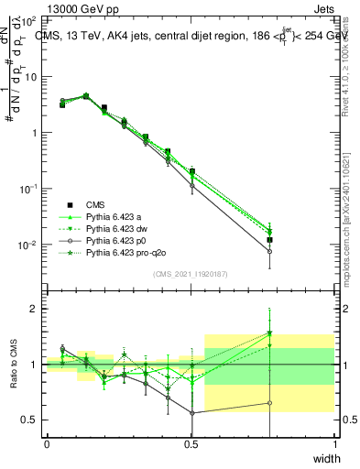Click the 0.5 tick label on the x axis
[191, 443]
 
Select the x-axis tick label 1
[334, 443]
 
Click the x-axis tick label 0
[47, 443]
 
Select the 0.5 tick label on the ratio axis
[30, 420]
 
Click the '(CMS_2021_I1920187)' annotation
[191, 272]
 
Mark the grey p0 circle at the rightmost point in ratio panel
[269, 403]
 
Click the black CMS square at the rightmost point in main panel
[269, 240]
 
